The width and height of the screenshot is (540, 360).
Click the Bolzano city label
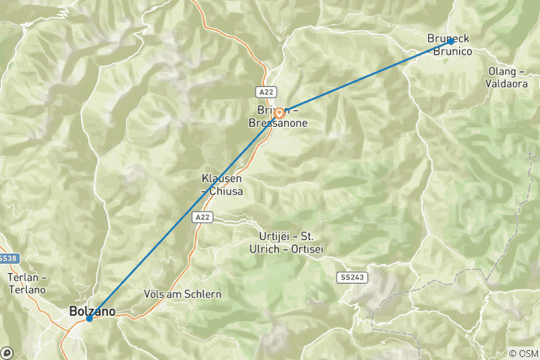[x=92, y=309]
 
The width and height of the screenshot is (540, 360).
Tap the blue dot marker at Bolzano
[x=89, y=318]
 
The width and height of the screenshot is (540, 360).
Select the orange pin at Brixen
[x=278, y=114]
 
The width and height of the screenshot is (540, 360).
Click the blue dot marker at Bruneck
[x=450, y=42]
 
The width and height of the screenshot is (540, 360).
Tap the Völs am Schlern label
[x=182, y=294]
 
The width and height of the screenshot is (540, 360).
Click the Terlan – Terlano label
[x=26, y=283]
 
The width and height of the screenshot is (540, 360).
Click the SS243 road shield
[x=352, y=277]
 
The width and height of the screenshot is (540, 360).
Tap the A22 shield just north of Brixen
[x=265, y=91]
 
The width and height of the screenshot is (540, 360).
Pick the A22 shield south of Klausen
[x=199, y=217]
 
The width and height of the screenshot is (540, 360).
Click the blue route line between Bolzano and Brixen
[x=180, y=218]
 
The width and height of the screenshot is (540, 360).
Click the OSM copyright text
[x=523, y=353]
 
